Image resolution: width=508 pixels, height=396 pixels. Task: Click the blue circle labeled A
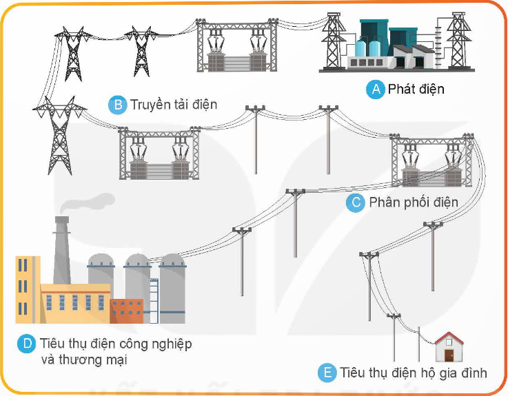(376, 89)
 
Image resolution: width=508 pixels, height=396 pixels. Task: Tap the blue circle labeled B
(118, 105)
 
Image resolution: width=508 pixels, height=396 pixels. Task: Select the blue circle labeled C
(356, 202)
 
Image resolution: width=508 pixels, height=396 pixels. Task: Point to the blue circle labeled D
(27, 344)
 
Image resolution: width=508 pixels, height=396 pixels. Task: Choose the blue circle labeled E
(327, 373)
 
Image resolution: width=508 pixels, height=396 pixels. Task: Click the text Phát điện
(416, 89)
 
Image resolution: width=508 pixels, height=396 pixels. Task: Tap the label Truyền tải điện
(174, 105)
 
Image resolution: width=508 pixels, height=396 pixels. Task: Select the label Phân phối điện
(414, 202)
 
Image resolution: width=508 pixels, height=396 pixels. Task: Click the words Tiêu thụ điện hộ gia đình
(414, 373)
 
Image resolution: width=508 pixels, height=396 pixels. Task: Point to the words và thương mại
(84, 359)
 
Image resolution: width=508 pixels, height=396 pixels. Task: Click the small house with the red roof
(449, 347)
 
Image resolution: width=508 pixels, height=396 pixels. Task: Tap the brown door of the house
(449, 355)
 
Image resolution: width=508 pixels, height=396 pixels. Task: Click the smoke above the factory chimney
(88, 201)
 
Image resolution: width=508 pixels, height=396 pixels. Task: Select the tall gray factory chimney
(62, 250)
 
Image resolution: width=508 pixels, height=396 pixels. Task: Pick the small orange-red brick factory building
(127, 311)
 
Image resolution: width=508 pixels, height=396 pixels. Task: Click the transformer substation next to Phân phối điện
(431, 160)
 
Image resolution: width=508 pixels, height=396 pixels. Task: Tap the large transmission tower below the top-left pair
(59, 136)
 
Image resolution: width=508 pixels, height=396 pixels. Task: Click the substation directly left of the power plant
(237, 45)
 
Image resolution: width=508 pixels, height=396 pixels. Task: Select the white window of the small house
(449, 342)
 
